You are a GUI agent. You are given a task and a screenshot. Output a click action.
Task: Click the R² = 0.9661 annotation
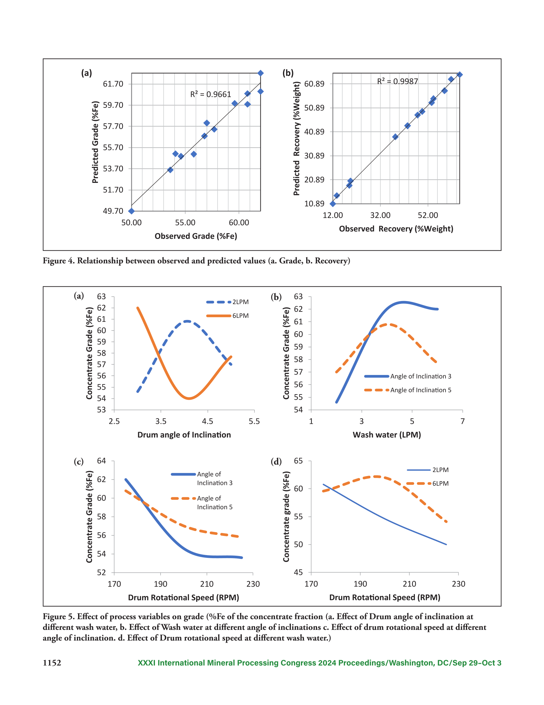211,94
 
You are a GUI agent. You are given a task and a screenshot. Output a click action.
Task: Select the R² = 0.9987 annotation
398,81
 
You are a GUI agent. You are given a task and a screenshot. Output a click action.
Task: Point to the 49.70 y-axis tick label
113,211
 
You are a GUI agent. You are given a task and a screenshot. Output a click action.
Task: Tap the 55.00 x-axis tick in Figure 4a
185,222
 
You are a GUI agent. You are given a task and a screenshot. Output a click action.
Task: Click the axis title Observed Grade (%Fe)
196,236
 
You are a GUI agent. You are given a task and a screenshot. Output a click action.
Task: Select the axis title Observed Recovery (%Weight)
396,229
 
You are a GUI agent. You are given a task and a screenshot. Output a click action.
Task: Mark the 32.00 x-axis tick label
380,215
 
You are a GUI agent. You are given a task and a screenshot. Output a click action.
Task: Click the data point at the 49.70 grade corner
131,211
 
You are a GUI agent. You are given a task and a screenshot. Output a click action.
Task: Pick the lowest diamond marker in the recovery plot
333,204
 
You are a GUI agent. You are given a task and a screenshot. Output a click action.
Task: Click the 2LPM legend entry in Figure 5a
227,302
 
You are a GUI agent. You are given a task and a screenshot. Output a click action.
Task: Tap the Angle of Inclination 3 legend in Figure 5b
408,376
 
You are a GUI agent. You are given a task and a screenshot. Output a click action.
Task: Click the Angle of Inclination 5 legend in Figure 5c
202,502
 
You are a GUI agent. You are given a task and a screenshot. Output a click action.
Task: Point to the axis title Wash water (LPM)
387,435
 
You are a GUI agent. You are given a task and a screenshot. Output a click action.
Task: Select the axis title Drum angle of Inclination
184,435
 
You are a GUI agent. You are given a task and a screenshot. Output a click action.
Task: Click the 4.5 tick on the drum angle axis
207,421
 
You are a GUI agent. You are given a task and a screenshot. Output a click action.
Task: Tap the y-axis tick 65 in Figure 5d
298,461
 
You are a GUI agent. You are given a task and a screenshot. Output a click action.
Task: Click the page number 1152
52,663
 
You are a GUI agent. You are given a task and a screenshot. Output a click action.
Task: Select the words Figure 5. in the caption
58,616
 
